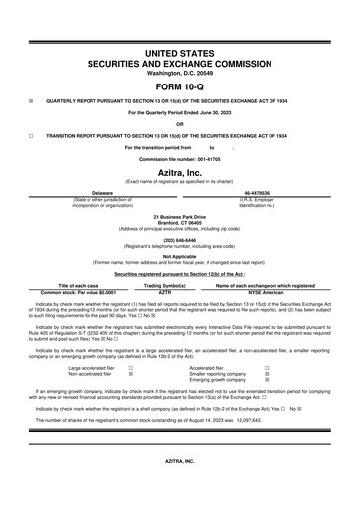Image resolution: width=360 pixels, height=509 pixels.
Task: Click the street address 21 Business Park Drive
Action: (179, 216)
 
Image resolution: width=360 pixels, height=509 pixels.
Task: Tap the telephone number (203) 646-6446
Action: (179, 239)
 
